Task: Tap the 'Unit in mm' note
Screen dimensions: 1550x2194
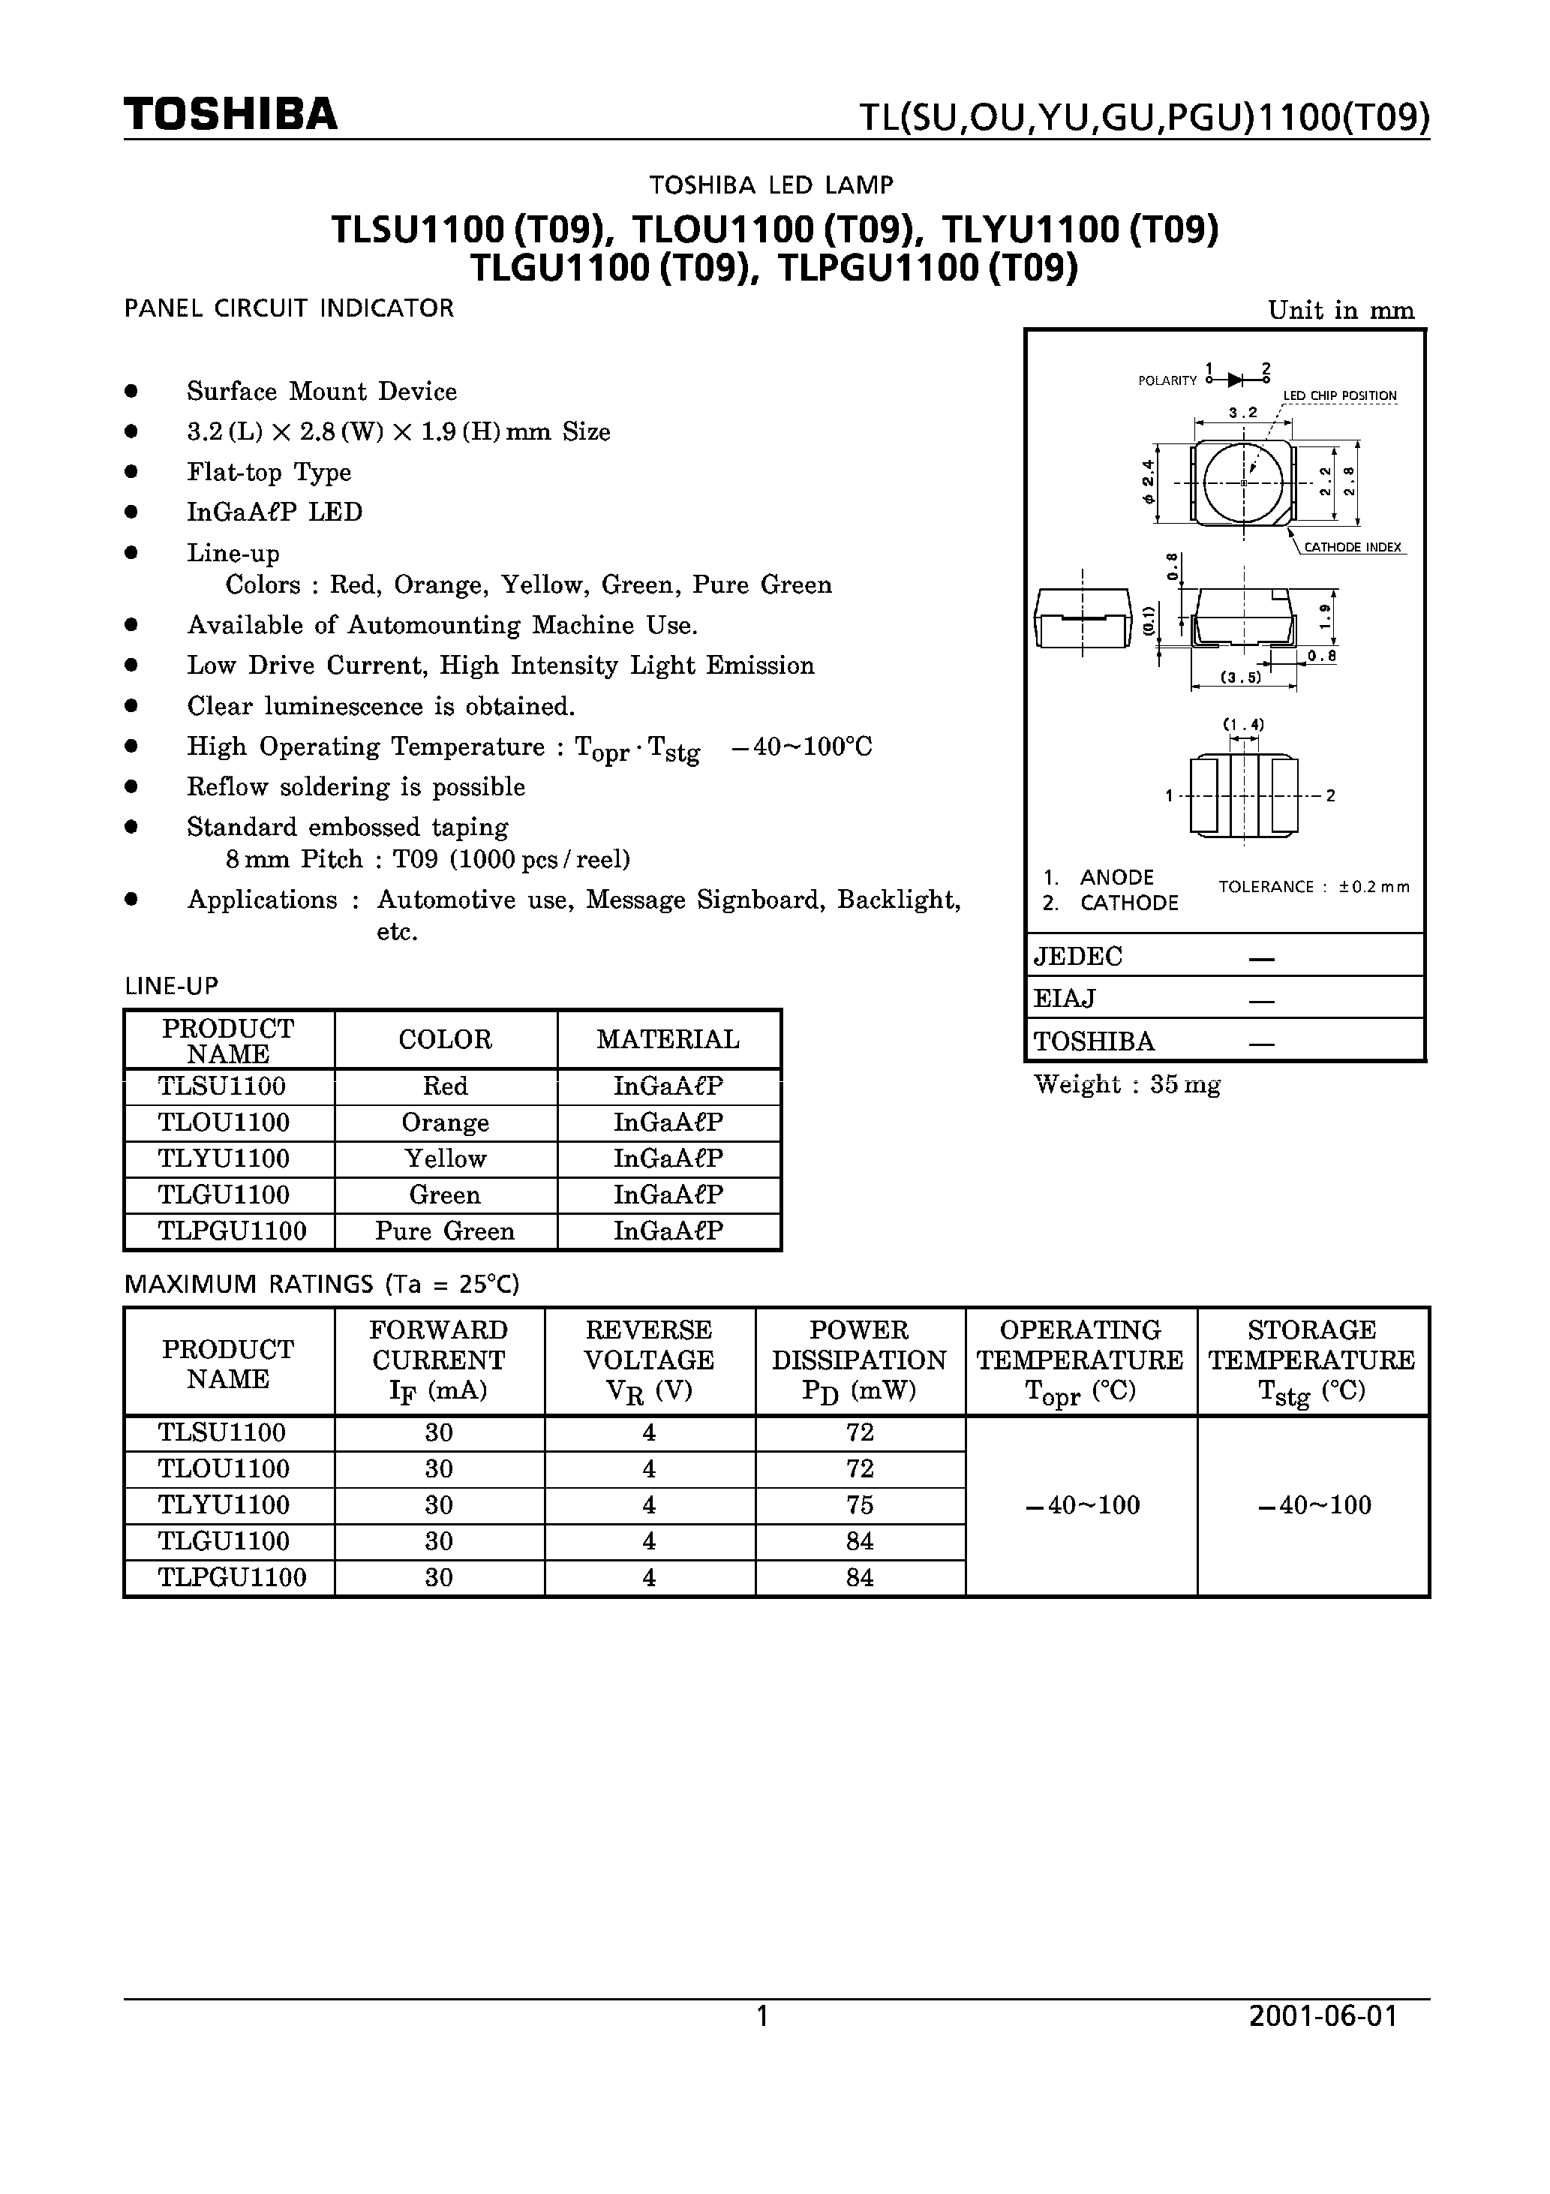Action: pos(1340,311)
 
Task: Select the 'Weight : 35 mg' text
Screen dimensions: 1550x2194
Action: pos(1127,1084)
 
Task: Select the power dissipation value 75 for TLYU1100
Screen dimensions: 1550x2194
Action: pos(859,1505)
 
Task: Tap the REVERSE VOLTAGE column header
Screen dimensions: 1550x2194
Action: pos(649,1359)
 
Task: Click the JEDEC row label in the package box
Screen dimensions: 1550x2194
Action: pos(1078,957)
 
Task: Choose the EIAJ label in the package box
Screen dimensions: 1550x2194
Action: pos(1064,999)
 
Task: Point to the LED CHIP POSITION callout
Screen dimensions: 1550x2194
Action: pos(1339,395)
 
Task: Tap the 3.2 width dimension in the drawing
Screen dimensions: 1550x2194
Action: pos(1243,413)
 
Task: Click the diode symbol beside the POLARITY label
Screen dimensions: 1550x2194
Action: pos(1236,380)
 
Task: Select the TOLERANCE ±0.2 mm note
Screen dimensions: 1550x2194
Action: pos(1313,887)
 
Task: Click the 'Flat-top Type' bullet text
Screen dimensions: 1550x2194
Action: pos(269,472)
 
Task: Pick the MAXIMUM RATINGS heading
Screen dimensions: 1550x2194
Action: pos(321,1285)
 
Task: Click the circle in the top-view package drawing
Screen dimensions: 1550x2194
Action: pos(1243,483)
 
